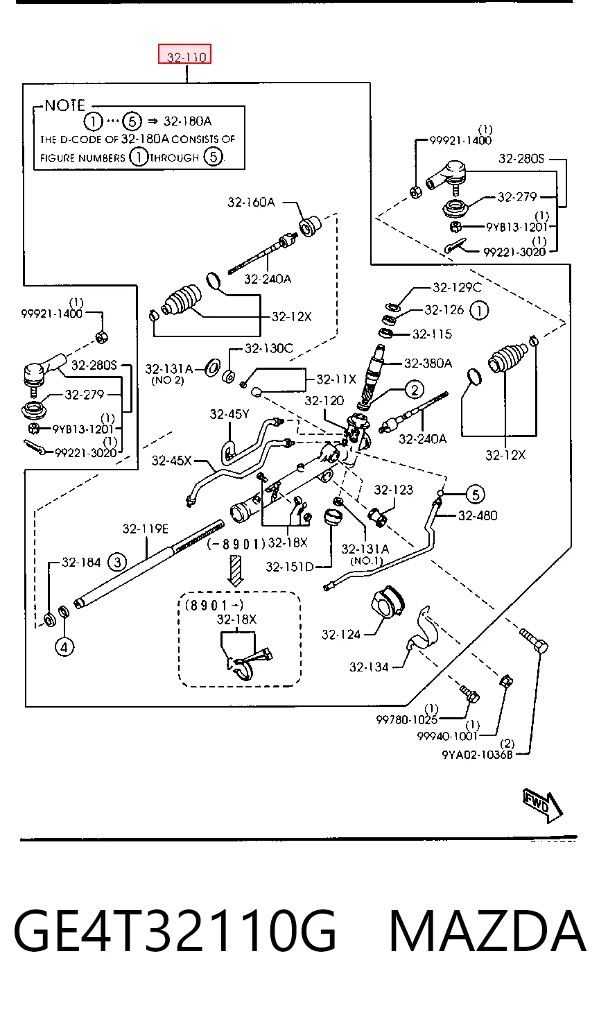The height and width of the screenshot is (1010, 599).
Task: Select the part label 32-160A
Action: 251,202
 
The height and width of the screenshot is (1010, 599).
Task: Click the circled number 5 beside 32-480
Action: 476,494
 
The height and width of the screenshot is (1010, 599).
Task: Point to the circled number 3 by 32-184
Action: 118,562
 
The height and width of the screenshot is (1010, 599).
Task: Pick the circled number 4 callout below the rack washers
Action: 64,647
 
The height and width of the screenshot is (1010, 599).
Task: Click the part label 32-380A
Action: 428,363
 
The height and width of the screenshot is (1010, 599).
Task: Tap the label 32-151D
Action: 289,566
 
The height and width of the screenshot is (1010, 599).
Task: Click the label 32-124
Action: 341,635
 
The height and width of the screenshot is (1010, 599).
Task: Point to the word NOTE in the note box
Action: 65,105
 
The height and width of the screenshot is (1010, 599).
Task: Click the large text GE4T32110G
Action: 175,931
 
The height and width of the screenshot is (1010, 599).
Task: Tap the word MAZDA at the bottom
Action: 487,931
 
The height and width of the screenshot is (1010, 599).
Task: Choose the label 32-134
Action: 369,667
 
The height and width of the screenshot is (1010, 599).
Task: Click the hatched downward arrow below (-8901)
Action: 235,570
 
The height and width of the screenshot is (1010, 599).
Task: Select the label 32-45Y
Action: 229,414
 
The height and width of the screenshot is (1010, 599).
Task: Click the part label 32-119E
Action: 145,529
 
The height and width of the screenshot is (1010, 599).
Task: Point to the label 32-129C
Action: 457,287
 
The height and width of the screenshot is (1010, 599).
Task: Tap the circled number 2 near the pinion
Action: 414,389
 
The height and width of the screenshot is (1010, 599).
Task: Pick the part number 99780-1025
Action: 406,719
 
